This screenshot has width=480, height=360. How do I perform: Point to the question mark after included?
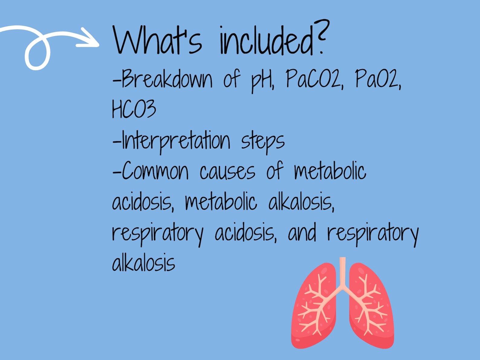pos(321,36)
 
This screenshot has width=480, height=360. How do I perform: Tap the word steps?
pos(262,141)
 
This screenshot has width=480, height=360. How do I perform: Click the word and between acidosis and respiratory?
pos(302,233)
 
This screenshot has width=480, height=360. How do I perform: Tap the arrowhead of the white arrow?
pos(91,38)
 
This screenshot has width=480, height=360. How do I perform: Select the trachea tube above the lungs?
pos(342,271)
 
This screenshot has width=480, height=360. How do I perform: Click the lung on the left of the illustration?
pos(314,308)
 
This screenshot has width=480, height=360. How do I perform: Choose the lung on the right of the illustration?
pos(371,308)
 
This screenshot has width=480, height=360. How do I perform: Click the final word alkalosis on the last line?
pos(143,263)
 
